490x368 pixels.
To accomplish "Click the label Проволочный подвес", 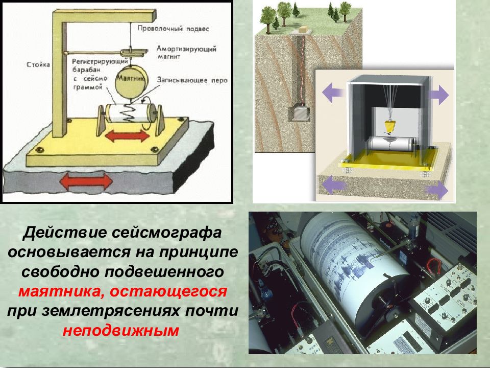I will [173, 29].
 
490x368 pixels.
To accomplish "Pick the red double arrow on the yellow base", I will [124, 137].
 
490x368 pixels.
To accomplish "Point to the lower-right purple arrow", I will [437, 191].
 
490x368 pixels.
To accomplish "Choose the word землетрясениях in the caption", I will [122, 311].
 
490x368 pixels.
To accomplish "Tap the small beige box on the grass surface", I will [305, 30].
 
